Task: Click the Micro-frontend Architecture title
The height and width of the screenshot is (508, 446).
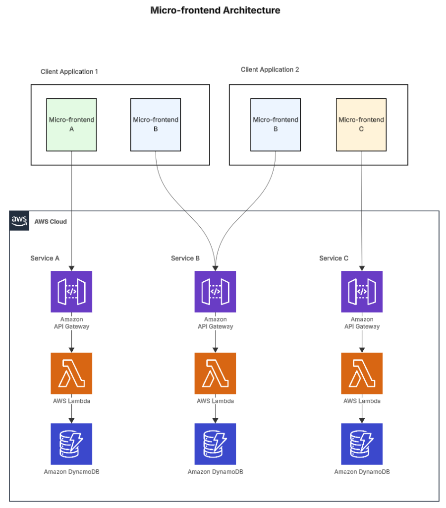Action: [x=215, y=10]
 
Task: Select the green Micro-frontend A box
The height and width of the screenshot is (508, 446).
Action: [x=71, y=125]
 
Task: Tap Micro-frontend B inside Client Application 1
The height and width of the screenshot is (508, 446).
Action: [x=156, y=125]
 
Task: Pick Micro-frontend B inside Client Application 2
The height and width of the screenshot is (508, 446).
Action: [x=276, y=125]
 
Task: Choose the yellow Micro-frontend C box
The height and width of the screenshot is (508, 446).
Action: [x=361, y=125]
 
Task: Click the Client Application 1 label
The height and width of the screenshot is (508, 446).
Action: [x=69, y=71]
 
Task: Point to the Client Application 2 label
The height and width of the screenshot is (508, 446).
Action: [x=270, y=69]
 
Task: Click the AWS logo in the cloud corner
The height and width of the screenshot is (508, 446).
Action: [x=19, y=220]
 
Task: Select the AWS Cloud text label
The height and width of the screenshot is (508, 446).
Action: [x=51, y=221]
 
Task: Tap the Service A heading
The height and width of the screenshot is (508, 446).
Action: [x=45, y=258]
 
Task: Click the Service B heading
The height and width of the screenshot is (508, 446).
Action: [x=185, y=258]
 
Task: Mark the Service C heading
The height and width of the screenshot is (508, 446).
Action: [x=334, y=258]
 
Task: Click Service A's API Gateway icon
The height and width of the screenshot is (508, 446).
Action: [x=71, y=291]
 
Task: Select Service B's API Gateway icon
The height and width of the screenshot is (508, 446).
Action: [x=215, y=291]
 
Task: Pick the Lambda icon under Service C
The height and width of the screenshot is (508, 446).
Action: [x=362, y=373]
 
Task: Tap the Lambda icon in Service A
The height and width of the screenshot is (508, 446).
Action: [x=71, y=373]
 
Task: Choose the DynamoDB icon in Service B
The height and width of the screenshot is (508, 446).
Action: [x=215, y=444]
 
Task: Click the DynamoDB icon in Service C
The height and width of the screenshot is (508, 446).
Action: [x=362, y=444]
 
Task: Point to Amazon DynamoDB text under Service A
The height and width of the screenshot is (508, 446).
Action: [x=71, y=472]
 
